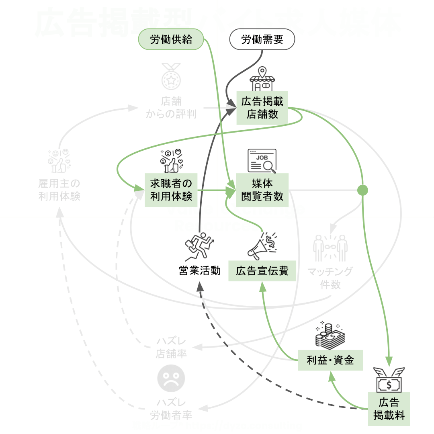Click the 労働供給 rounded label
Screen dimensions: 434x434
pyautogui.click(x=171, y=39)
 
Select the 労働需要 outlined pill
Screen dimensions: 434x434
pyautogui.click(x=262, y=39)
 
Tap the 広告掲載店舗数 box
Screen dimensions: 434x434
pyautogui.click(x=262, y=108)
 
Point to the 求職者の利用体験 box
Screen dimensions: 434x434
pyautogui.click(x=171, y=190)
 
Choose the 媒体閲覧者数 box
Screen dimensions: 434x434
pyautogui.click(x=262, y=190)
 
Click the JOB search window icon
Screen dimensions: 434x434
pyautogui.click(x=262, y=161)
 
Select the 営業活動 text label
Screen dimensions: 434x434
pyautogui.click(x=199, y=270)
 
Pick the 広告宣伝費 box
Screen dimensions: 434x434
pyautogui.click(x=262, y=270)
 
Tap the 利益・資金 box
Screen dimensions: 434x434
pyautogui.click(x=330, y=360)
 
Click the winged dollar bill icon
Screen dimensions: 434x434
pyautogui.click(x=389, y=380)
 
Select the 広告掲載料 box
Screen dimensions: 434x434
pyautogui.click(x=389, y=409)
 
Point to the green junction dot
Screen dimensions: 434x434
pyautogui.click(x=362, y=190)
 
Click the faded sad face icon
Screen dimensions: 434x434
pyautogui.click(x=171, y=379)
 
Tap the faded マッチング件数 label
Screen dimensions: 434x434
pyautogui.click(x=330, y=278)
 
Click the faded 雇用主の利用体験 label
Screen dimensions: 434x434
pyautogui.click(x=59, y=190)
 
